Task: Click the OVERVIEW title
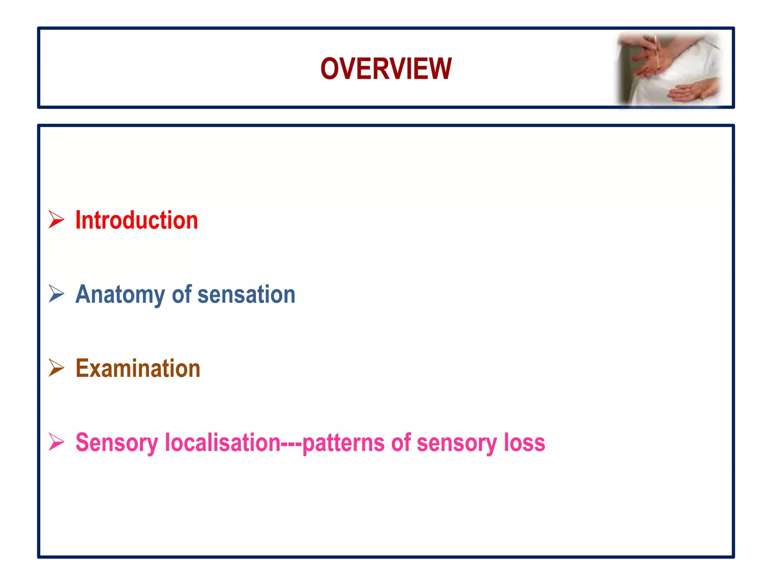coord(386,69)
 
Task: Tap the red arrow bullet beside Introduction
coord(57,219)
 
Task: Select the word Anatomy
coord(120,294)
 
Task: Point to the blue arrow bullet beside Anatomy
coord(57,294)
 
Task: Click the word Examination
coord(138,368)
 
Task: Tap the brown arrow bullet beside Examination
coord(57,368)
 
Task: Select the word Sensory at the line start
coord(116,443)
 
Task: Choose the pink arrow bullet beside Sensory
coord(57,442)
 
